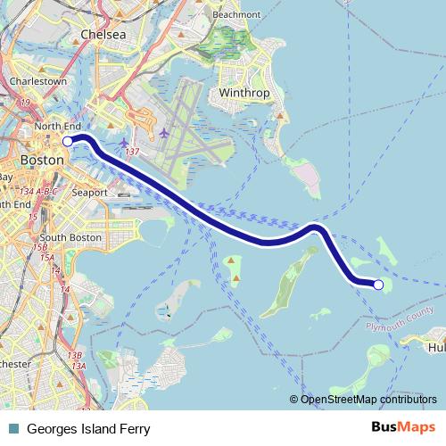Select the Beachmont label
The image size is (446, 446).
click(237, 15)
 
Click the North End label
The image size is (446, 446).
click(58, 128)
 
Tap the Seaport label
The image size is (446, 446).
click(90, 193)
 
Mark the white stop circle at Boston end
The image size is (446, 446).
click(68, 141)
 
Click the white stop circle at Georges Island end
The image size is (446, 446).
click(377, 285)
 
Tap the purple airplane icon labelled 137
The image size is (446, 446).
click(124, 143)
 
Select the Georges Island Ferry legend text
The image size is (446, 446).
click(82, 428)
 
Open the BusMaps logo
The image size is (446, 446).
click(405, 428)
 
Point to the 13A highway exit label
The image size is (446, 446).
click(79, 366)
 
